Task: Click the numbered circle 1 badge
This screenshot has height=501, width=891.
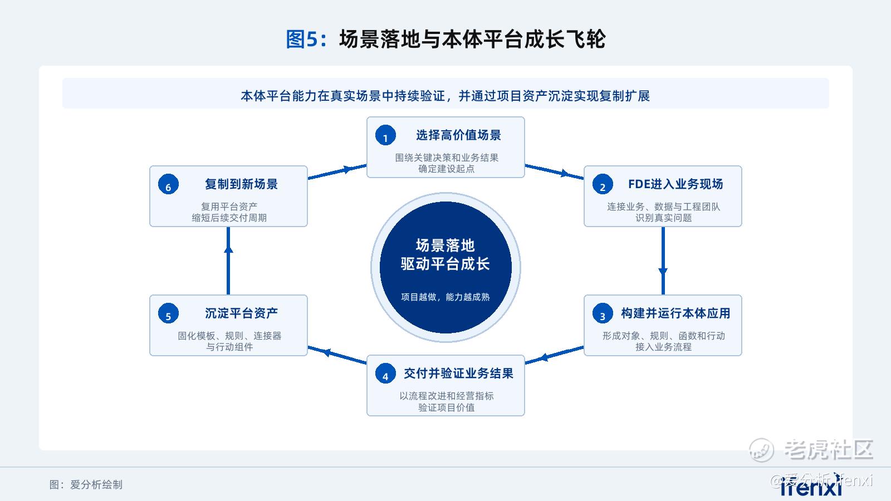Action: pyautogui.click(x=385, y=135)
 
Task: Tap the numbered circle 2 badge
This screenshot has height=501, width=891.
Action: pyautogui.click(x=603, y=184)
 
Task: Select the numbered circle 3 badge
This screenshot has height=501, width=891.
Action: pyautogui.click(x=603, y=313)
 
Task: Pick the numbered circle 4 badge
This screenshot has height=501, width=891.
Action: pyautogui.click(x=385, y=374)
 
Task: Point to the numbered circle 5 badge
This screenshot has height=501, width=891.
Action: pyautogui.click(x=168, y=313)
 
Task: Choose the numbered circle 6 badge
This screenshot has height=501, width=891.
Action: pyautogui.click(x=168, y=184)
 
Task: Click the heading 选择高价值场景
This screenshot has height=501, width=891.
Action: pyautogui.click(x=458, y=135)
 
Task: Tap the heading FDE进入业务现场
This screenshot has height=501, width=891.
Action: pyautogui.click(x=675, y=184)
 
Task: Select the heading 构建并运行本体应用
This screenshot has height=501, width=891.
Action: pyautogui.click(x=675, y=313)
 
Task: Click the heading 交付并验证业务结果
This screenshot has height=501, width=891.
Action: pyautogui.click(x=458, y=374)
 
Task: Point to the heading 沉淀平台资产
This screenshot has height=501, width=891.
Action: pyautogui.click(x=242, y=313)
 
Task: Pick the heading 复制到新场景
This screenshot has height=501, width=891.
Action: pyautogui.click(x=242, y=184)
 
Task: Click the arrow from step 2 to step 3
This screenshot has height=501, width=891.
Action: pyautogui.click(x=663, y=261)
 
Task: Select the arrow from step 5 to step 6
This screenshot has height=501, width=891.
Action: pyautogui.click(x=228, y=261)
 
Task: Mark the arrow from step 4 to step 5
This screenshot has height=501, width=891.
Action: pyautogui.click(x=337, y=355)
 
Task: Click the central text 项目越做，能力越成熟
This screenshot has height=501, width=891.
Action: pyautogui.click(x=445, y=297)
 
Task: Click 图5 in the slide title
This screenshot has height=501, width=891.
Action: pyautogui.click(x=302, y=40)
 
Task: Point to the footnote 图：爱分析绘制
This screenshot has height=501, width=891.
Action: pyautogui.click(x=86, y=485)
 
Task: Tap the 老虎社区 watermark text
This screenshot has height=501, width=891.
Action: pyautogui.click(x=829, y=450)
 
